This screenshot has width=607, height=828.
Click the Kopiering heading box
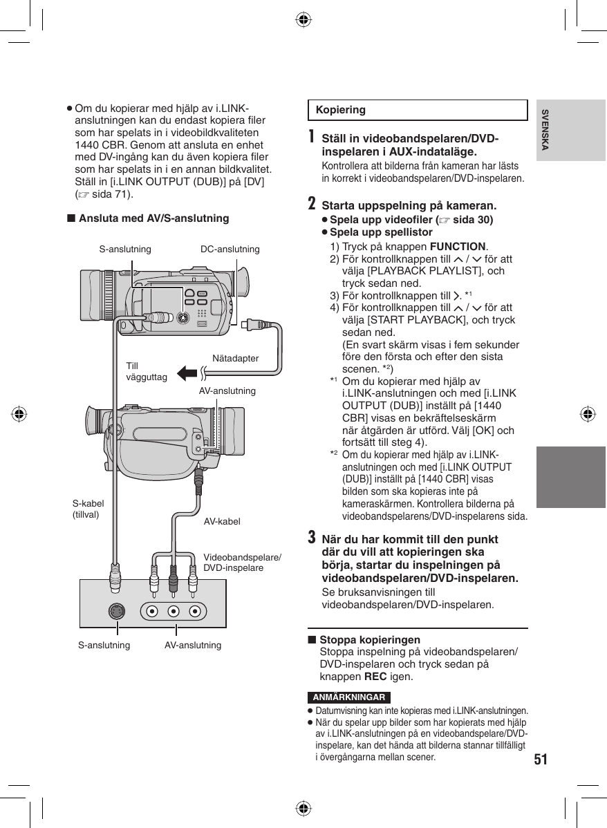[x=417, y=110]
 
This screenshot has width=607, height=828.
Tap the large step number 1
[x=312, y=138]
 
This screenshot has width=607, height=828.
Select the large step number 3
[x=312, y=537]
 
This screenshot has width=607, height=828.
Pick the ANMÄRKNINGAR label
[x=349, y=697]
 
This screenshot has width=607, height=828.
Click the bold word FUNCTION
[x=458, y=247]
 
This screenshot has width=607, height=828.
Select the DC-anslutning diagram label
[x=230, y=249]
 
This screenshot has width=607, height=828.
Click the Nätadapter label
[x=236, y=359]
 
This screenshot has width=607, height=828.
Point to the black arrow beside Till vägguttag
[x=187, y=373]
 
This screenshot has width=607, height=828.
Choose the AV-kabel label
[x=222, y=521]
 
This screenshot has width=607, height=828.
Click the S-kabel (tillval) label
[x=88, y=509]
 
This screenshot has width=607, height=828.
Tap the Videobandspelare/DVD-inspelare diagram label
[x=242, y=562]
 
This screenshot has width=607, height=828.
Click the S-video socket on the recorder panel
[x=118, y=611]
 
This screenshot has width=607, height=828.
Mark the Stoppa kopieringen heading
[x=369, y=639]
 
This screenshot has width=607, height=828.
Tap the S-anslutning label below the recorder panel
[x=104, y=645]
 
